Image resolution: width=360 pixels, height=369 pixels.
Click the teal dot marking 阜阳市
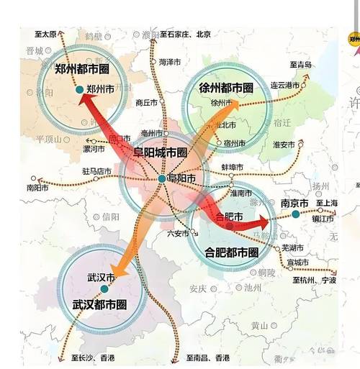click(x=162, y=178)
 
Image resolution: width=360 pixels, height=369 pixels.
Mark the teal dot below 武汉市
click(x=104, y=288)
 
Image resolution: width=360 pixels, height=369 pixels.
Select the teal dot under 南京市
click(x=295, y=214)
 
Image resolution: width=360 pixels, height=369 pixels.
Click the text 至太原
click(x=45, y=34)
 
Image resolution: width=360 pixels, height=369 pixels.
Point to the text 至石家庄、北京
click(x=185, y=34)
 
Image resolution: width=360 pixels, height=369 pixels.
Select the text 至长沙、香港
click(x=93, y=357)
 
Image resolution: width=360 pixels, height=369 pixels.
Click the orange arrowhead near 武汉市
click(x=118, y=272)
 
